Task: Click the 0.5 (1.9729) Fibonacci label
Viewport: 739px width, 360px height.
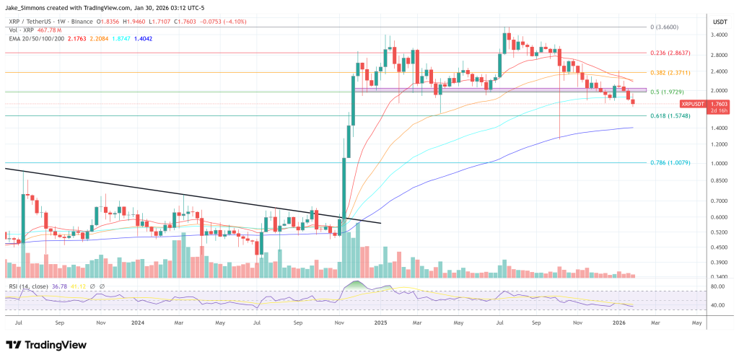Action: coord(666,92)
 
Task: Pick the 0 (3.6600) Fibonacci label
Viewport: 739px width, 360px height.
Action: coord(663,27)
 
